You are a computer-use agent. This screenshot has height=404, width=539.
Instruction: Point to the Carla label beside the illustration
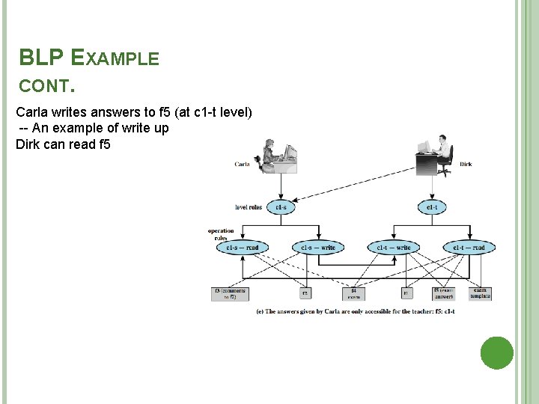pyautogui.click(x=242, y=164)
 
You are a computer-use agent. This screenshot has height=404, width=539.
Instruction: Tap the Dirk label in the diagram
pyautogui.click(x=465, y=164)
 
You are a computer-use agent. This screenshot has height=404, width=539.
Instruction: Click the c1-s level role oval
pyautogui.click(x=281, y=206)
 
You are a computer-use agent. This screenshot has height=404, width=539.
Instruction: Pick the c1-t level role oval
pyautogui.click(x=432, y=206)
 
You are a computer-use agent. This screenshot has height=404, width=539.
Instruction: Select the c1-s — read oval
pyautogui.click(x=243, y=248)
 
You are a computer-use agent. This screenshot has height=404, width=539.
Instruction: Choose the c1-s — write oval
pyautogui.click(x=318, y=248)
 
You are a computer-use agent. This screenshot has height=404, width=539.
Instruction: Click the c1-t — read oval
pyautogui.click(x=469, y=248)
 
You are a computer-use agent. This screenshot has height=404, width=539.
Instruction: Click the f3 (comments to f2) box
pyautogui.click(x=229, y=293)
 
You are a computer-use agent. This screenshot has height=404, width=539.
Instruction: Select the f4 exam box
pyautogui.click(x=353, y=293)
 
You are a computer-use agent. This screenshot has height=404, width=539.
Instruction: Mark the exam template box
pyautogui.click(x=480, y=293)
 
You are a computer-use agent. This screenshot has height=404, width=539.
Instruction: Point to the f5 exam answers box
pyautogui.click(x=444, y=293)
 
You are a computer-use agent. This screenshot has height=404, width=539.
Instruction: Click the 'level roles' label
pyautogui.click(x=249, y=207)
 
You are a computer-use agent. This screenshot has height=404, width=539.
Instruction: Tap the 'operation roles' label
pyautogui.click(x=221, y=234)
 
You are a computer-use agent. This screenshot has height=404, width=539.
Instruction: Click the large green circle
pyautogui.click(x=496, y=352)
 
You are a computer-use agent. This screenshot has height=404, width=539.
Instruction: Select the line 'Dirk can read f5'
pyautogui.click(x=63, y=144)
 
